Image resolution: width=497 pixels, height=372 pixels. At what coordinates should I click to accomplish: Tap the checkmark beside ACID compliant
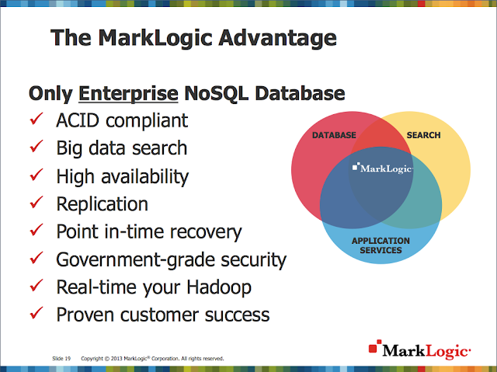pos(36,121)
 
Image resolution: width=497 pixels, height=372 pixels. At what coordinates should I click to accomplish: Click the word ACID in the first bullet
pos(77,121)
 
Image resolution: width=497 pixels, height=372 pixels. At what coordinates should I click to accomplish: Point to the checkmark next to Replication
pos(36,204)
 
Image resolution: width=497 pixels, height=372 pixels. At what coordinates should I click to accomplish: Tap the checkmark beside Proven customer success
pos(36,315)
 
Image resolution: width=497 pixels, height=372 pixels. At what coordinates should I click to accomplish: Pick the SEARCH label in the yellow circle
pos(423,136)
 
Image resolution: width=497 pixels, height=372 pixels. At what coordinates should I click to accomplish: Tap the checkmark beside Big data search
pos(36,149)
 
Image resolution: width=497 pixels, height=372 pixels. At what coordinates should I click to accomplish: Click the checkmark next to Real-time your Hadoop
pos(36,287)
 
